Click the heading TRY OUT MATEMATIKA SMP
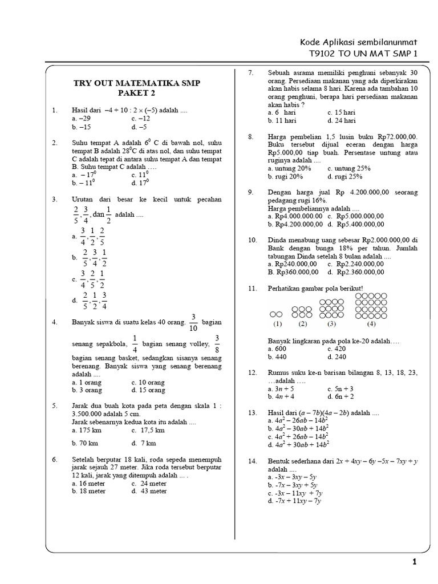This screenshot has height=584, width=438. (x=137, y=84)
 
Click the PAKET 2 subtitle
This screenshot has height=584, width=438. (x=136, y=94)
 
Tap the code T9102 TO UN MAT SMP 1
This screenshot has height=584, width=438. (x=363, y=54)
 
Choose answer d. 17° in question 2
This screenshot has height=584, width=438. (x=140, y=183)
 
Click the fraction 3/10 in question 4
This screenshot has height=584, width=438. (x=193, y=322)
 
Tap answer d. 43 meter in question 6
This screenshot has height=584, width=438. (x=149, y=490)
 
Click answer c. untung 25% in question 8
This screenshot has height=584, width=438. (x=349, y=168)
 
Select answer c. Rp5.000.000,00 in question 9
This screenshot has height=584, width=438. (x=355, y=216)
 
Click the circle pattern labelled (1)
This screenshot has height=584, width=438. (x=277, y=314)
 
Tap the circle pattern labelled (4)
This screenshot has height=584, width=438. (x=371, y=305)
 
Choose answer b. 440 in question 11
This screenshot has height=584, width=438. (x=278, y=356)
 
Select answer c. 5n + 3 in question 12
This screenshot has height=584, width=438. (x=340, y=388)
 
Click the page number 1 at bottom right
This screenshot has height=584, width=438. (x=415, y=562)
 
